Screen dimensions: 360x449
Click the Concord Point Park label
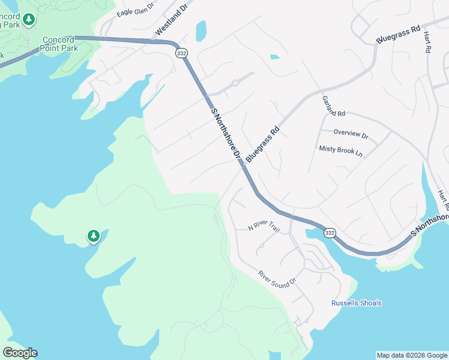(x=58, y=44)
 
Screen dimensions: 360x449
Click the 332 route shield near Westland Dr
(x=181, y=53)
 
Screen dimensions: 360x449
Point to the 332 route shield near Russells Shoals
(x=329, y=232)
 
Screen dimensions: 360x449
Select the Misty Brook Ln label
(x=341, y=151)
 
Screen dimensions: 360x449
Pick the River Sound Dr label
(x=278, y=277)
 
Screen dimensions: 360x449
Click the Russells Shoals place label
(x=357, y=303)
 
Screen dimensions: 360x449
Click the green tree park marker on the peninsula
(x=93, y=236)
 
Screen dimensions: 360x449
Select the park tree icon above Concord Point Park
(x=28, y=20)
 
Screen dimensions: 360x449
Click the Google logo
(x=20, y=353)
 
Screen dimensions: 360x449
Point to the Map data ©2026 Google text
(x=412, y=355)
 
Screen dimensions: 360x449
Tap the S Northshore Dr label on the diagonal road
(x=226, y=135)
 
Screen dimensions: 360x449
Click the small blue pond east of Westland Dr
(x=200, y=30)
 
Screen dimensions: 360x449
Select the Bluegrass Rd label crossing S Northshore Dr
(x=263, y=144)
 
